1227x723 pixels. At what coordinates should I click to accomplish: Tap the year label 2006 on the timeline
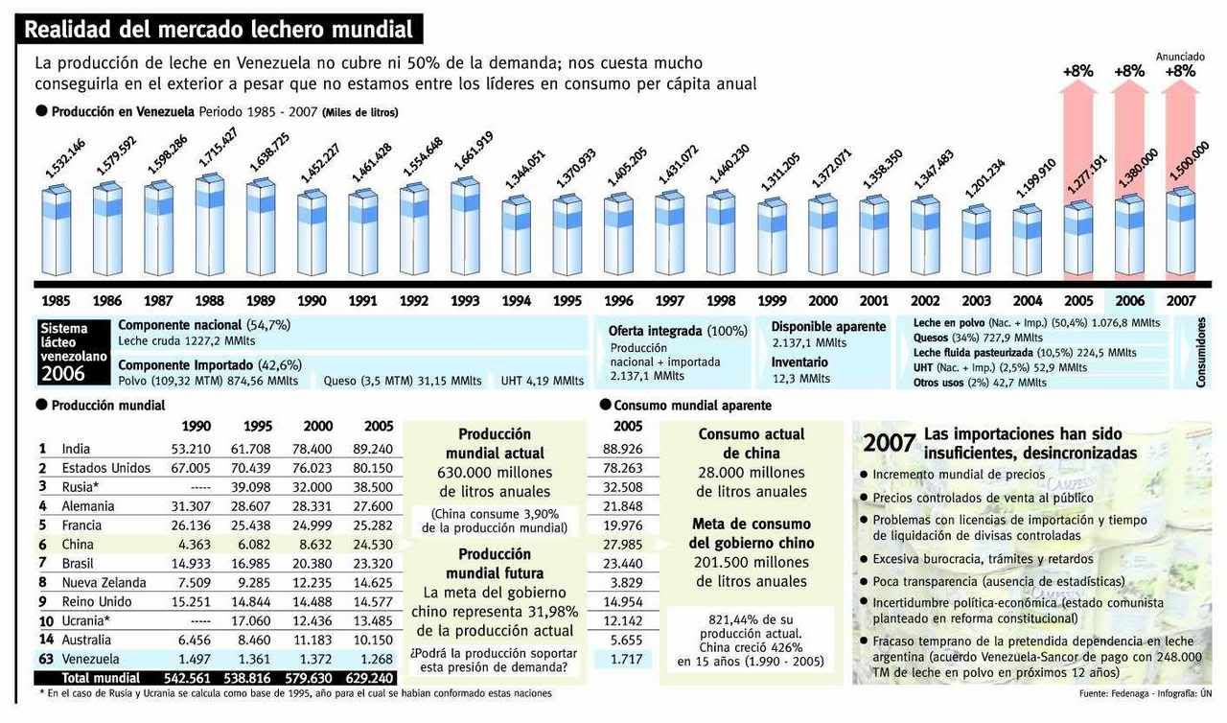[1130, 300]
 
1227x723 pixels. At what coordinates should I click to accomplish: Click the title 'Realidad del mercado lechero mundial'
[219, 30]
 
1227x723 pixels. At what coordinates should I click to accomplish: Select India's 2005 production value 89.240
[373, 449]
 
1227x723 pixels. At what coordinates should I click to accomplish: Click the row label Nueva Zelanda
[104, 582]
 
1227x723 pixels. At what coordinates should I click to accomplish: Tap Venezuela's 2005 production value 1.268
[373, 659]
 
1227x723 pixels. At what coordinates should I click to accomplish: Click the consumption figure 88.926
[622, 449]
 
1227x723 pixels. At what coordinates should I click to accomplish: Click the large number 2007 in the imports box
[888, 443]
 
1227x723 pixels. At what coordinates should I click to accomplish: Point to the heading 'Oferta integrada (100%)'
[678, 331]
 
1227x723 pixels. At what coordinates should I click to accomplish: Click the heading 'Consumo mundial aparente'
[691, 405]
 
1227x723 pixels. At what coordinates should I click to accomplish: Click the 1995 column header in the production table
[258, 426]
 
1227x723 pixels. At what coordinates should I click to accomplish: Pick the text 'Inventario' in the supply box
[799, 362]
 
